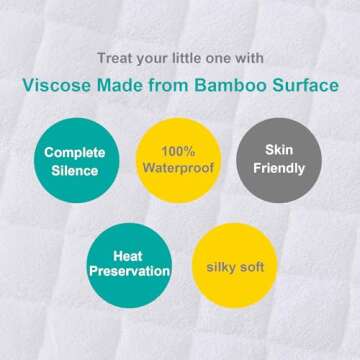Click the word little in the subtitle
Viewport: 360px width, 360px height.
click(x=193, y=57)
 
